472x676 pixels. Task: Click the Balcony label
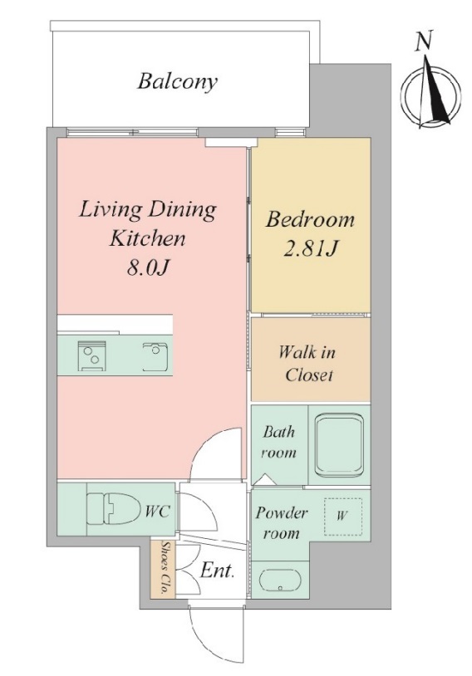pos(177,82)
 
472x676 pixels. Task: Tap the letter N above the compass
pos(423,42)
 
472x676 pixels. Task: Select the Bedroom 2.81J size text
pos(310,249)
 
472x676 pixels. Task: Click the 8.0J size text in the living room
pos(147,267)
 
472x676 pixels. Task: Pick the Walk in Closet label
pos(307,364)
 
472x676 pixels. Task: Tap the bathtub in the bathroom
pos(339,444)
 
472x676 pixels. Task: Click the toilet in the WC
pos(115,509)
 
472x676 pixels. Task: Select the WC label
pos(157,512)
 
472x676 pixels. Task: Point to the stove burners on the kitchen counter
pos(91,356)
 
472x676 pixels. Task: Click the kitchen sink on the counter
pos(157,356)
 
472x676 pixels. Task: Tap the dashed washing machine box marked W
pos(343,517)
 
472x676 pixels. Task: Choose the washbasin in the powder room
pos(279,582)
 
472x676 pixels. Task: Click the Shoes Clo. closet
pos(163,569)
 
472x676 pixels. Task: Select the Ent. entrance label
pos(217,571)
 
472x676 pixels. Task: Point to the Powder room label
pos(281,523)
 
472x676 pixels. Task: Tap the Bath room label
pos(278,443)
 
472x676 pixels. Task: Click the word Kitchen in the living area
pos(147,238)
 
